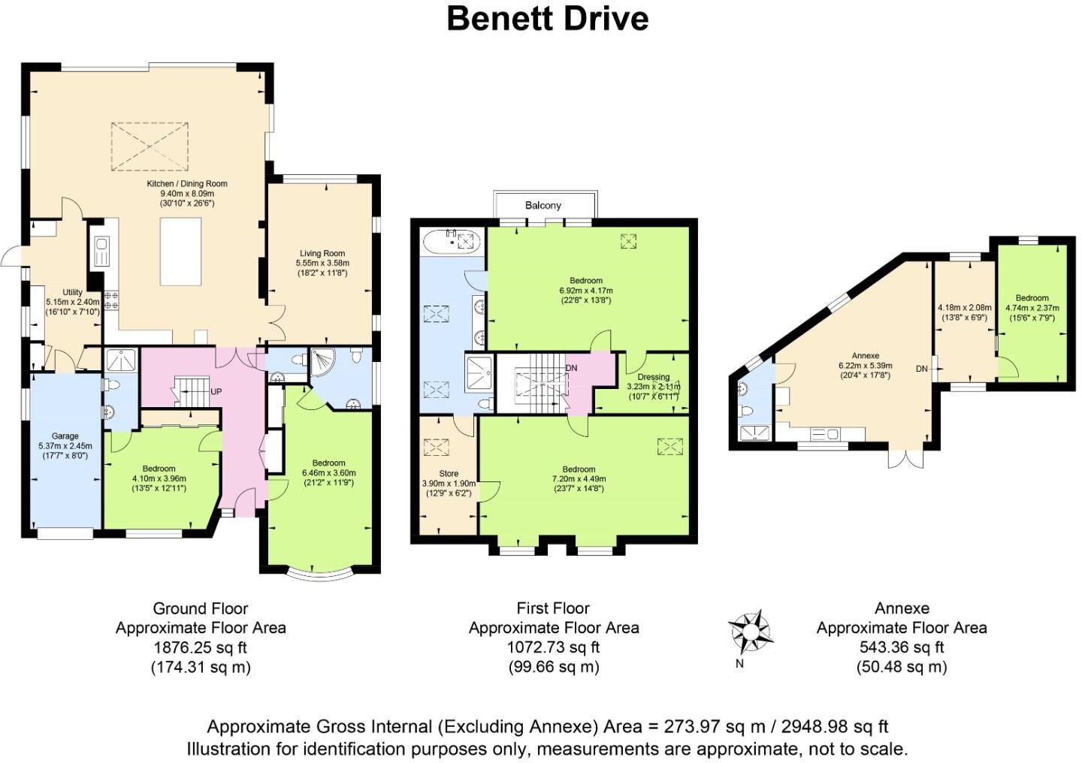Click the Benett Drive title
tap(547, 20)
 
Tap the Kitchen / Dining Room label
tap(187, 183)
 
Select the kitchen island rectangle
tap(180, 252)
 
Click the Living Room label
tap(322, 253)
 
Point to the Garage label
tap(65, 436)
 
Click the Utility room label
tap(72, 292)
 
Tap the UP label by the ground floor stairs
tap(216, 392)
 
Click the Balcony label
tap(543, 205)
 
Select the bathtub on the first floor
tap(452, 241)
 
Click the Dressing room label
tap(654, 377)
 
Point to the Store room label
tap(449, 474)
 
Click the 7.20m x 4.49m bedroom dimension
tap(579, 478)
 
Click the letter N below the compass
tap(739, 664)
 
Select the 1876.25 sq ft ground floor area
tap(200, 647)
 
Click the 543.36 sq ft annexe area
tap(902, 647)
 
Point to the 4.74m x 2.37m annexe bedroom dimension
tap(1032, 308)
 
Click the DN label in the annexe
tap(922, 369)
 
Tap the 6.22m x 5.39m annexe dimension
tap(865, 366)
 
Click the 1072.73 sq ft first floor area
tap(554, 647)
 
